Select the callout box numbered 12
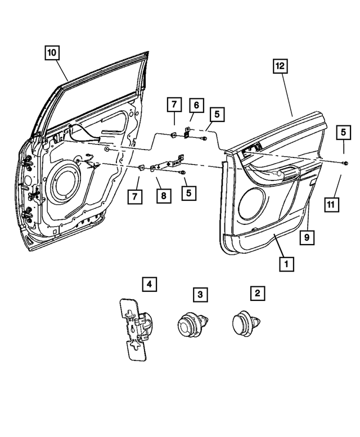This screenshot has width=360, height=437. (x=280, y=66)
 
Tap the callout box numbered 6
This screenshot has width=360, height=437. (x=196, y=105)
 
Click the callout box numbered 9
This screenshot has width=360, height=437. (x=307, y=238)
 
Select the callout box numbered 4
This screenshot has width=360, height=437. (x=148, y=285)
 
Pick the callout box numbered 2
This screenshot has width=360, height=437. (x=257, y=293)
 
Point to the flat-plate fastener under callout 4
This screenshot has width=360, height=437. (x=134, y=329)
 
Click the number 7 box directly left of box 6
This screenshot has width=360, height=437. (x=174, y=105)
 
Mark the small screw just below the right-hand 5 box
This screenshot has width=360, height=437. (x=343, y=161)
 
